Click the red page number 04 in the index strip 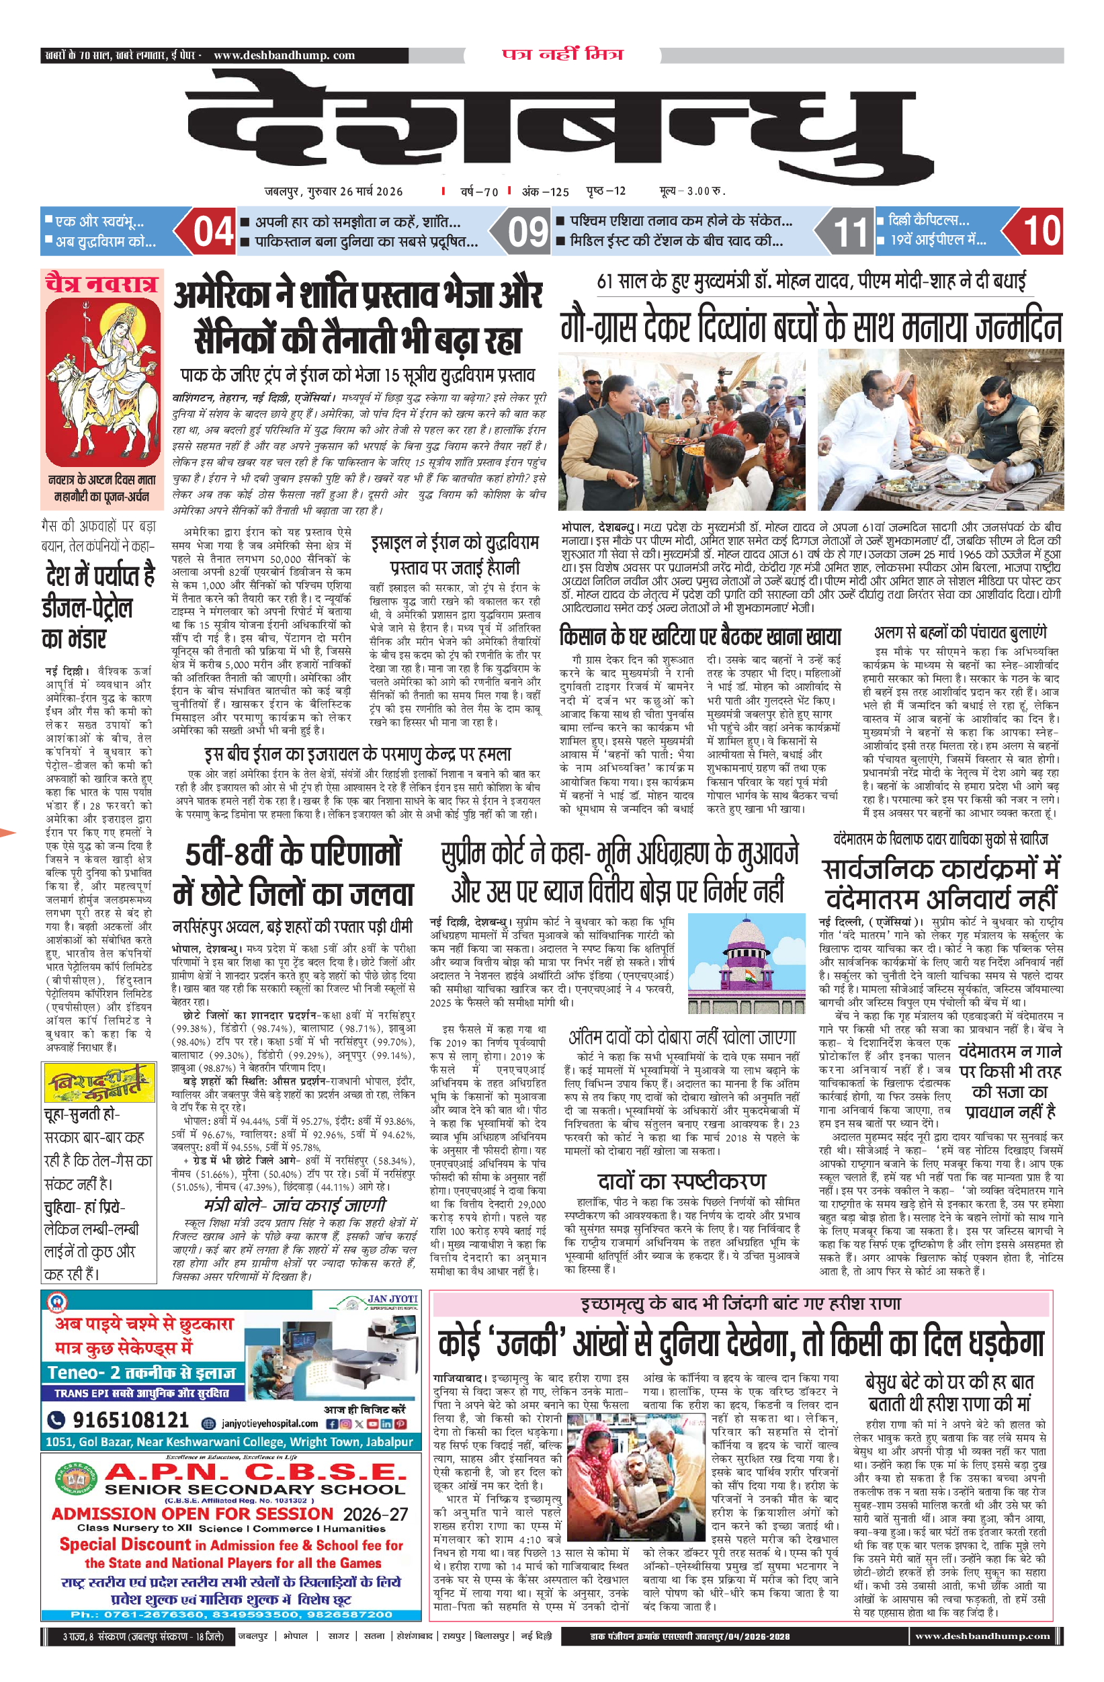click(x=213, y=231)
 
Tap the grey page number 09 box click(x=528, y=231)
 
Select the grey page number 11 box click(x=849, y=231)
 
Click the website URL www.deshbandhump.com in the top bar click(x=284, y=55)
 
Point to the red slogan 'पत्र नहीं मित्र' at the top click(x=562, y=54)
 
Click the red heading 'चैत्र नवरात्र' click(x=101, y=284)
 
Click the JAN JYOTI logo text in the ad click(x=392, y=1299)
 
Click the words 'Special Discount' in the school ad click(x=124, y=1544)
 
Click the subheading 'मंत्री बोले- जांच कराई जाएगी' click(x=295, y=1204)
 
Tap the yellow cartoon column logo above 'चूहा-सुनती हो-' click(x=99, y=1083)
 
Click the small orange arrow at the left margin click(x=7, y=833)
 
